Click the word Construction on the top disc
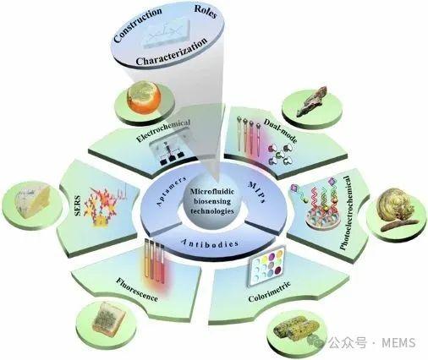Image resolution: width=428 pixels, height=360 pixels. click(138, 25)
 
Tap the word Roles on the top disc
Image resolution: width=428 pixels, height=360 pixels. click(206, 11)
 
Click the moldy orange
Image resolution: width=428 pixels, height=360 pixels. click(144, 97)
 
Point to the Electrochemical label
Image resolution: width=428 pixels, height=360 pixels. click(163, 130)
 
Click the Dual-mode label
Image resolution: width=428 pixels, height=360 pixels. click(280, 130)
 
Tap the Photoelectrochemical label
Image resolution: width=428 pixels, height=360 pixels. click(346, 213)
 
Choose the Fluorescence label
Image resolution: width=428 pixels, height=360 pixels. click(137, 290)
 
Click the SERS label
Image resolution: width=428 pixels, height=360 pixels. click(78, 205)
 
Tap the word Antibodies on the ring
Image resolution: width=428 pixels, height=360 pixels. click(210, 243)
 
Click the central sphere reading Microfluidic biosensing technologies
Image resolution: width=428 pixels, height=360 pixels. click(212, 201)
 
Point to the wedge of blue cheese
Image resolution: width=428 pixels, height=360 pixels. click(32, 201)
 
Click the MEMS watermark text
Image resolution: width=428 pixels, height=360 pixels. click(398, 342)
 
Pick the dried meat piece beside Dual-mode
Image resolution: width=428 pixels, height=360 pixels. click(312, 101)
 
